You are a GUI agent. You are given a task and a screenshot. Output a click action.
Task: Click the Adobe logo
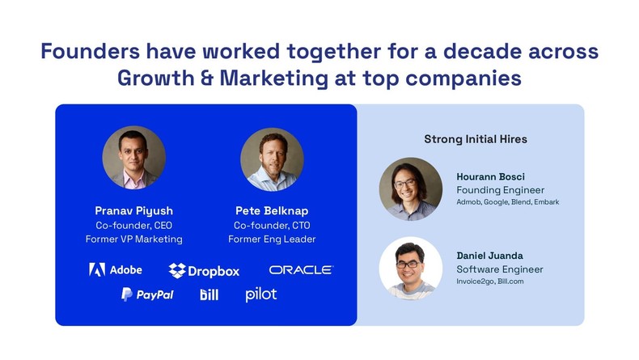click(x=115, y=269)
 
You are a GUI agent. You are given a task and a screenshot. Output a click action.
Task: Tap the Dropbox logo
click(x=204, y=270)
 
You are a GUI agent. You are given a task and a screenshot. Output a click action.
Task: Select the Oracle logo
click(x=301, y=269)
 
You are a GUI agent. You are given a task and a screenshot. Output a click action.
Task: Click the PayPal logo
click(x=147, y=294)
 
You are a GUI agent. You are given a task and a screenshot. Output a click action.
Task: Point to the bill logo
click(x=209, y=294)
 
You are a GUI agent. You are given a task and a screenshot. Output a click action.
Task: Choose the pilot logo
click(x=261, y=294)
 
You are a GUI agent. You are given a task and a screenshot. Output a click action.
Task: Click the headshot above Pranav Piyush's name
click(x=134, y=158)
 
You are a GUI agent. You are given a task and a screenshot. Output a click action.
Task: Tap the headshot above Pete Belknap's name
click(x=272, y=159)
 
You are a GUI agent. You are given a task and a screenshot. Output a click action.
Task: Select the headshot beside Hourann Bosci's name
click(x=410, y=189)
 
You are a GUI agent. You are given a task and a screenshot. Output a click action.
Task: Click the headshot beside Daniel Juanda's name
click(x=410, y=268)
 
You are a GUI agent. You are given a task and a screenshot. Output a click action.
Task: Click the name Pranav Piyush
click(x=134, y=210)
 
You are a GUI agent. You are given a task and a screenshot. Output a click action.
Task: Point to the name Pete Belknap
click(x=272, y=210)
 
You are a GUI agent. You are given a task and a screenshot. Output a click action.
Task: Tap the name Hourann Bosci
click(x=491, y=177)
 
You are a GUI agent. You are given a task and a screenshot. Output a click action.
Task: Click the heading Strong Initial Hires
click(x=476, y=139)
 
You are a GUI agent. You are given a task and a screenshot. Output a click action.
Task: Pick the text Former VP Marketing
click(x=134, y=239)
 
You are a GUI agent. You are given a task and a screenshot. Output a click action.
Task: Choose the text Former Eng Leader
click(x=272, y=239)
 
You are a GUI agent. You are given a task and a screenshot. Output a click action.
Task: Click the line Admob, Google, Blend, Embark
click(x=508, y=201)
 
